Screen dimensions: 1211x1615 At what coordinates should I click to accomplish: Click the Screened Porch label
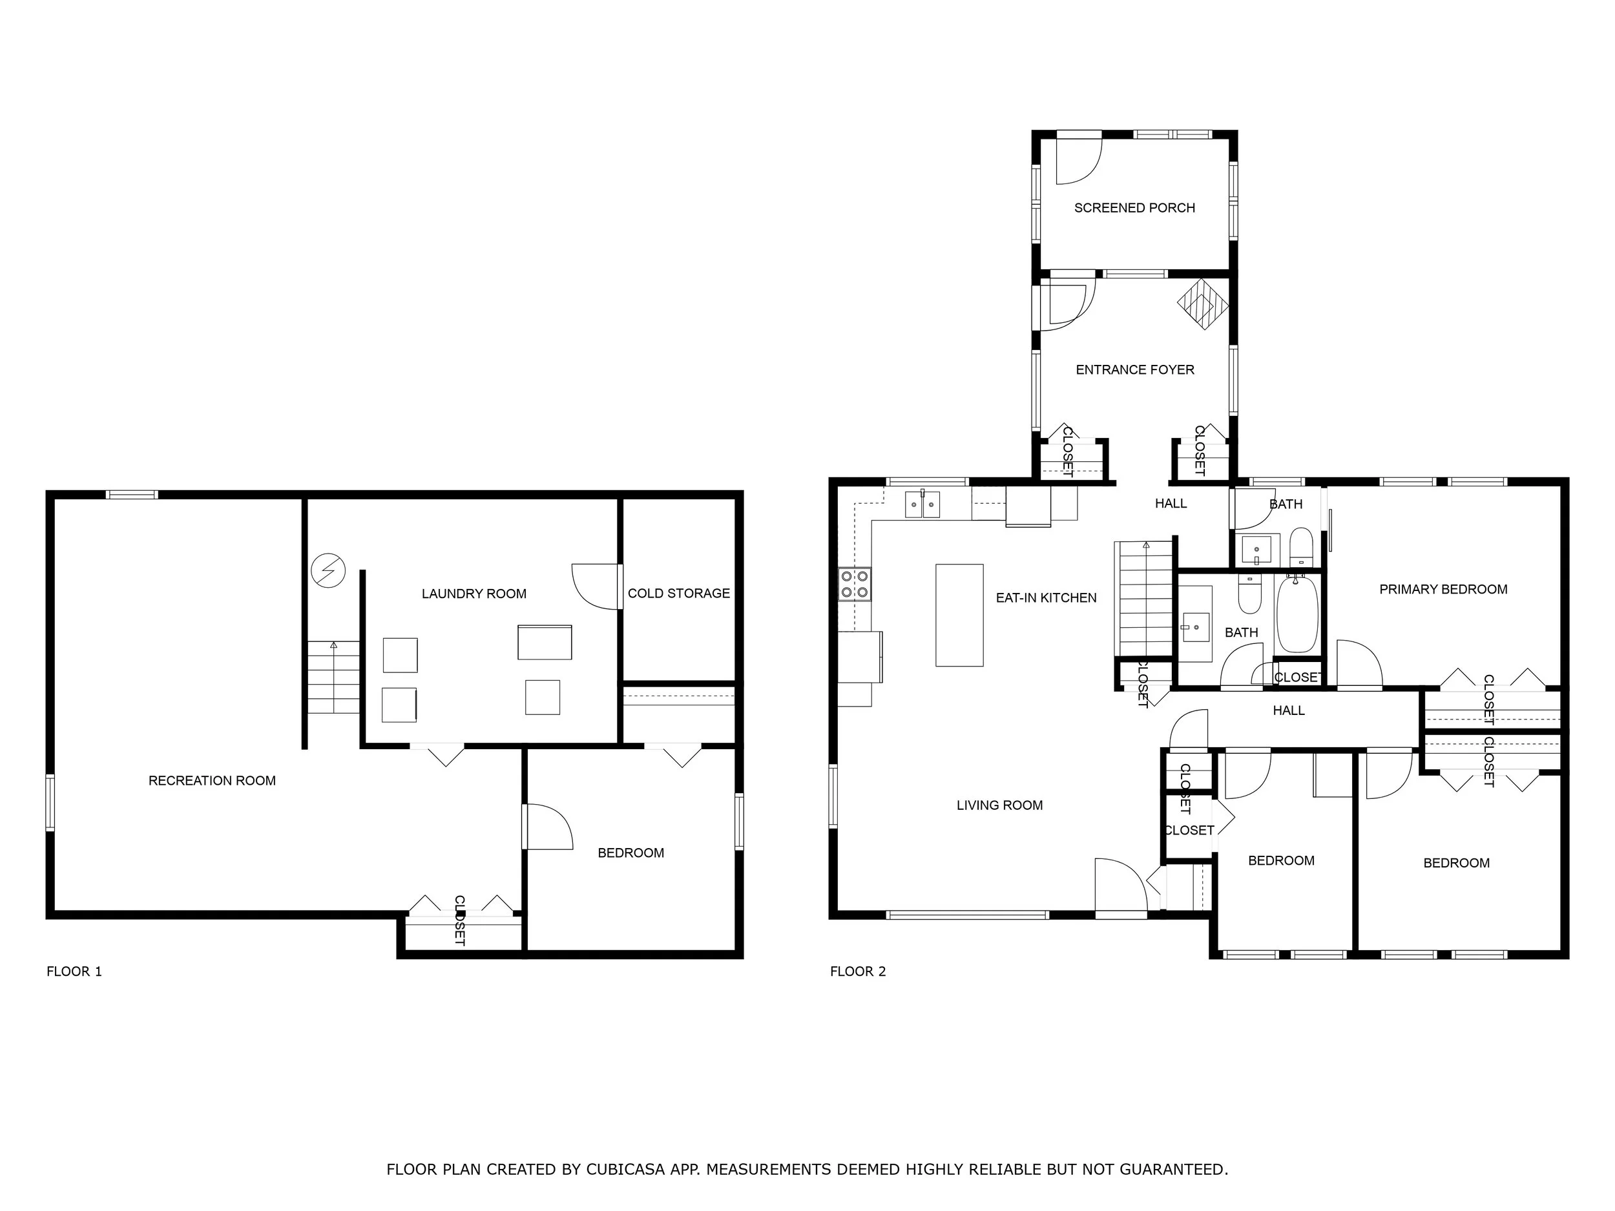click(x=1134, y=208)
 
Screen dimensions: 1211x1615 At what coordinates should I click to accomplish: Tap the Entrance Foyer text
click(x=1134, y=370)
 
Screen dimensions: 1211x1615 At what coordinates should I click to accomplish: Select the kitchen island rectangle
click(x=959, y=615)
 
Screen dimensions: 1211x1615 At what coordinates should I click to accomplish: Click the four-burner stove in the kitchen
click(x=854, y=584)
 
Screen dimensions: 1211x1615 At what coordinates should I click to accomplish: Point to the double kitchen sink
click(x=922, y=504)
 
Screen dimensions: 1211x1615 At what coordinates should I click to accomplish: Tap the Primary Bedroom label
click(x=1443, y=589)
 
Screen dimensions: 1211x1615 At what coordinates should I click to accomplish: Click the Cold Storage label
click(x=678, y=594)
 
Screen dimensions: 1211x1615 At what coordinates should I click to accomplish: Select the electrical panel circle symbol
click(x=328, y=570)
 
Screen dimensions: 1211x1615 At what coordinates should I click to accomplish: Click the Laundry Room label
click(x=474, y=594)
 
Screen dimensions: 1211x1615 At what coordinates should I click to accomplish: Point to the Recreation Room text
click(x=212, y=780)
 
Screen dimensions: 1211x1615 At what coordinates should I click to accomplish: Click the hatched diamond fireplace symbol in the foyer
click(x=1202, y=304)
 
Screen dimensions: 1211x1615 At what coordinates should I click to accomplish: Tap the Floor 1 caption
click(x=74, y=971)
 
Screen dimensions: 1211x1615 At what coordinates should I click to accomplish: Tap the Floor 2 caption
click(x=857, y=971)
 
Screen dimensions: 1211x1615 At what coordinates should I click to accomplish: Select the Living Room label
click(x=999, y=805)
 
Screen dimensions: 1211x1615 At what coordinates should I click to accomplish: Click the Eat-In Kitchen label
click(x=1045, y=598)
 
